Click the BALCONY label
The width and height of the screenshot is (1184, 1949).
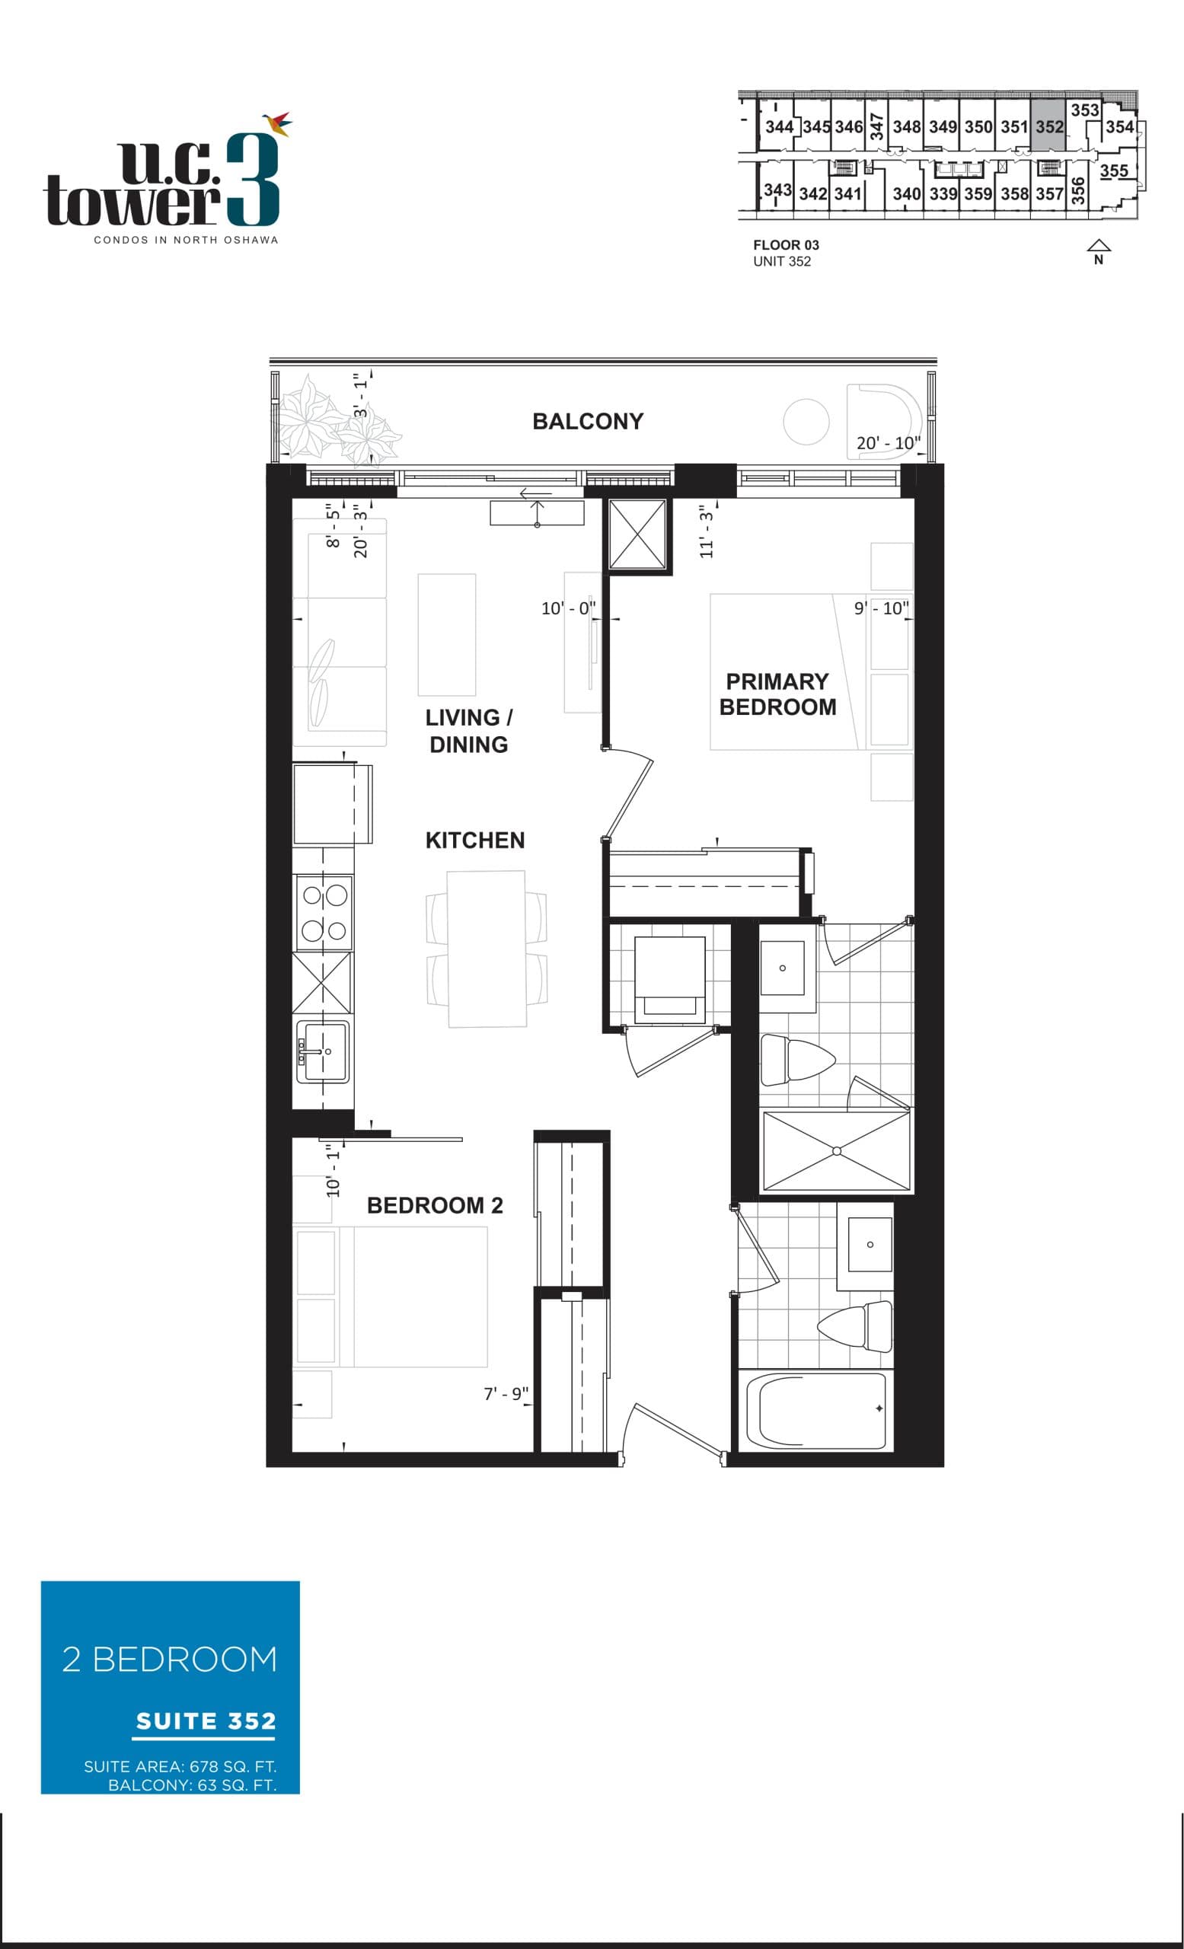tap(588, 421)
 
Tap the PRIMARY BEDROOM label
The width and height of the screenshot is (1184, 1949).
tap(777, 694)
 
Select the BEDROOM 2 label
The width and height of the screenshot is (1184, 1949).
tap(434, 1204)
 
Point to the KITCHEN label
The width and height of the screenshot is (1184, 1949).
tap(474, 840)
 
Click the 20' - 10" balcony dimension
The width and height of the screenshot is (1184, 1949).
tap(887, 443)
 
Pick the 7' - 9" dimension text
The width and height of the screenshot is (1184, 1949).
tap(506, 1393)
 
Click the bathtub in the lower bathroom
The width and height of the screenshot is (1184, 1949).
tap(815, 1410)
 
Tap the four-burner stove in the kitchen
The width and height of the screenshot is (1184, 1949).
tap(324, 912)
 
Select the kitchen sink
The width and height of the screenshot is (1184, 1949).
tap(323, 1051)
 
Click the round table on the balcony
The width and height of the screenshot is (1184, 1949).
tap(806, 421)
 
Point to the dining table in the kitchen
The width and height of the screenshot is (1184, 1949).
tap(487, 949)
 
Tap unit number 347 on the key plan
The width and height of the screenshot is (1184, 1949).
tap(876, 126)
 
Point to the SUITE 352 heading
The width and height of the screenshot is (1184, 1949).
tap(206, 1721)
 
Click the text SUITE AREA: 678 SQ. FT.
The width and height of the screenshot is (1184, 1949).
tap(180, 1766)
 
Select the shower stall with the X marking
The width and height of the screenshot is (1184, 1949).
tap(836, 1151)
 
